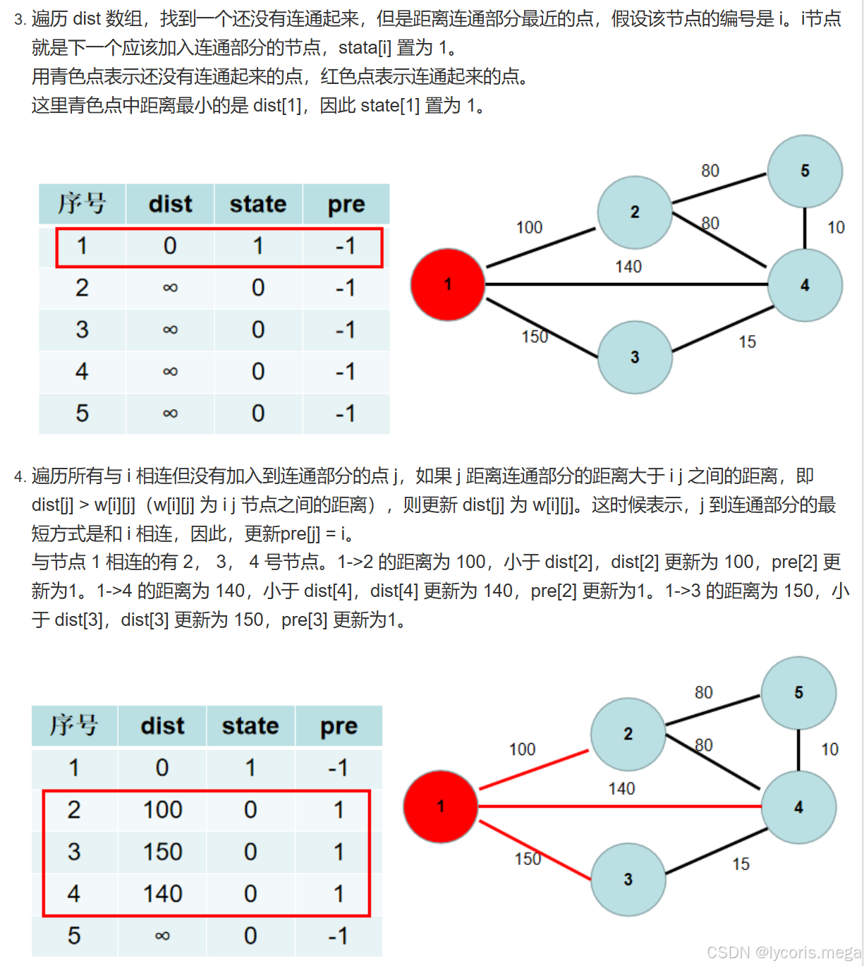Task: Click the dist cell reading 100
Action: click(x=162, y=810)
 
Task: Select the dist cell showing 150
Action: click(x=162, y=852)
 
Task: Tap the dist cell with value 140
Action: click(x=162, y=894)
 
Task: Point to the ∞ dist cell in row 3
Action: click(x=170, y=330)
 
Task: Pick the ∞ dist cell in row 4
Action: click(x=170, y=372)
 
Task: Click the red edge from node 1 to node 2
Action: click(x=534, y=770)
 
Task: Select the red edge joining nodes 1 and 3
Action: click(x=534, y=850)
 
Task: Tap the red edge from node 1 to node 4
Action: click(x=621, y=806)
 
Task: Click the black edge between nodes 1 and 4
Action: click(x=628, y=284)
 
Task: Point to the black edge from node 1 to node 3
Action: click(x=542, y=328)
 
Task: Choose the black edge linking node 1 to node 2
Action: click(x=542, y=248)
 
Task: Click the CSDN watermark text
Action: click(x=783, y=953)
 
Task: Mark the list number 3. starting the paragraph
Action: click(x=20, y=20)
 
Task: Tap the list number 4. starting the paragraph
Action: click(x=20, y=477)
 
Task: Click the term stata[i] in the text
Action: click(x=365, y=48)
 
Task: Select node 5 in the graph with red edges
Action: click(x=798, y=693)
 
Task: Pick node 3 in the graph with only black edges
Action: click(x=635, y=357)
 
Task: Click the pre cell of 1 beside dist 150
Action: click(x=339, y=852)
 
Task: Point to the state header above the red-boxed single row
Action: click(x=258, y=205)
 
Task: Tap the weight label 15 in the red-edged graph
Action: click(x=741, y=864)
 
